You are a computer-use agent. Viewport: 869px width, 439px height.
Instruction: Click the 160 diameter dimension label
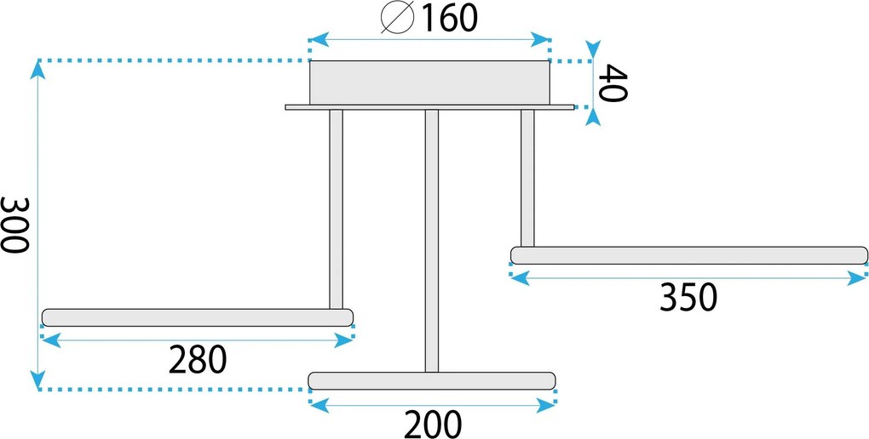(x=450, y=18)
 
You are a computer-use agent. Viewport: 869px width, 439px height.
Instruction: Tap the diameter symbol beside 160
(x=398, y=18)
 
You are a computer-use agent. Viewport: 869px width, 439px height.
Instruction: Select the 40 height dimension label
(x=615, y=83)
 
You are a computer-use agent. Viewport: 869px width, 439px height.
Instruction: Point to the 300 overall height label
(x=14, y=225)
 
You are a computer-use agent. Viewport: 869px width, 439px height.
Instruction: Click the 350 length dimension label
(x=688, y=298)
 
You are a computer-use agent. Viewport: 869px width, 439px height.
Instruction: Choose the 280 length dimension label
(x=198, y=359)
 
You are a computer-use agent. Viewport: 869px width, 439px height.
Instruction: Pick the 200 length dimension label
(x=433, y=425)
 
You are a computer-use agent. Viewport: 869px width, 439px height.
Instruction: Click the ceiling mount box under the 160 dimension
(x=429, y=83)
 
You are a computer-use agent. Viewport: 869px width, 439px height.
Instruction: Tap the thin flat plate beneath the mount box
(x=430, y=107)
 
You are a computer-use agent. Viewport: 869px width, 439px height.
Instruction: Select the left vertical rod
(x=336, y=209)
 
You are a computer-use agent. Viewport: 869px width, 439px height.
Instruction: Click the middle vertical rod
(x=432, y=241)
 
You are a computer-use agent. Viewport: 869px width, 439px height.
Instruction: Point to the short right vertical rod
(x=527, y=179)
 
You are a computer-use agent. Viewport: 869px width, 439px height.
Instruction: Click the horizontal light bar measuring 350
(x=689, y=255)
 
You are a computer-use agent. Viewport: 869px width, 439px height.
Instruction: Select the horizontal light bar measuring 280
(x=198, y=317)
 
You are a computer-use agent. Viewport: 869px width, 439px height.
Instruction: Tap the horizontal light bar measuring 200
(x=432, y=381)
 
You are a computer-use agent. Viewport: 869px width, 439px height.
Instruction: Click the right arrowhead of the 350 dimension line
(x=857, y=278)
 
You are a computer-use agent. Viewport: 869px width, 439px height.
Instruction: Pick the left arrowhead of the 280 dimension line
(x=51, y=340)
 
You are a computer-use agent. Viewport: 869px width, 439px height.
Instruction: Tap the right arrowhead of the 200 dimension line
(x=546, y=406)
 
